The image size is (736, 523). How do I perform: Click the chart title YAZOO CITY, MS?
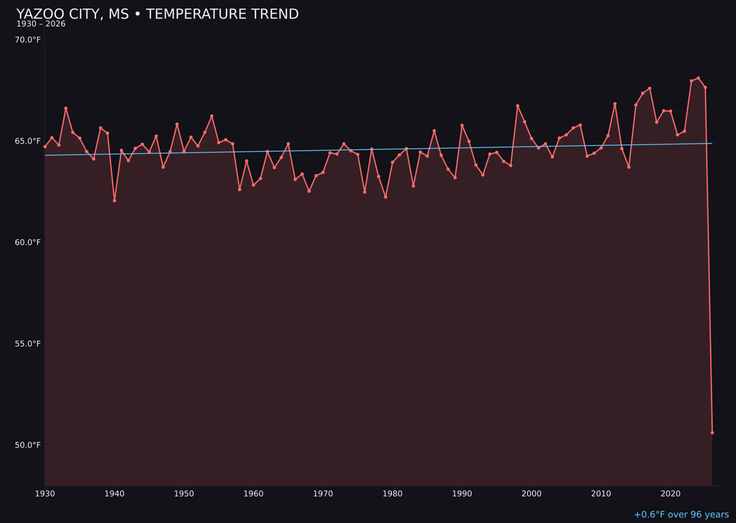(x=157, y=14)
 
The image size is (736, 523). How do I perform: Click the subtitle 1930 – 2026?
(x=41, y=25)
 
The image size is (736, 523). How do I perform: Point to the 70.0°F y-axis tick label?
(x=28, y=40)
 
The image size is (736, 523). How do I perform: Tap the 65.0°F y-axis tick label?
(x=28, y=142)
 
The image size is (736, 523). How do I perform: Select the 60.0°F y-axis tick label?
(x=28, y=243)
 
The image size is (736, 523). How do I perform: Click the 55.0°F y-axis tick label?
(x=28, y=344)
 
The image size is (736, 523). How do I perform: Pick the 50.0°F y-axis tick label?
(x=28, y=445)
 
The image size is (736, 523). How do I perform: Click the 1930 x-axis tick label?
(x=45, y=494)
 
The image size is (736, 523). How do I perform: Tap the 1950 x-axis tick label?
(x=184, y=494)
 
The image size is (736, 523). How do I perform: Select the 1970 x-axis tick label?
(x=323, y=494)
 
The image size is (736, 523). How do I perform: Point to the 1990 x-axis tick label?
(x=462, y=494)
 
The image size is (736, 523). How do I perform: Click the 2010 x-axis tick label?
(x=601, y=494)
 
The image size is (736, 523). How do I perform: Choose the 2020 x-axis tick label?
(x=671, y=494)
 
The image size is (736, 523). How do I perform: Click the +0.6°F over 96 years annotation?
(x=681, y=515)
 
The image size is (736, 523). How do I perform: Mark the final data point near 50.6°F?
(x=712, y=432)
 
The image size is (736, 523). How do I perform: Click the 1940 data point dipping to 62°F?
(x=114, y=200)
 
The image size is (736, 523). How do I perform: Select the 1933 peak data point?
(x=66, y=108)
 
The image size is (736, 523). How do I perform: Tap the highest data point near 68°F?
(x=699, y=78)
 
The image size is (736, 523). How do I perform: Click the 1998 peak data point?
(x=517, y=106)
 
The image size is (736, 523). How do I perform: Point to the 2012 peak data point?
(x=615, y=104)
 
